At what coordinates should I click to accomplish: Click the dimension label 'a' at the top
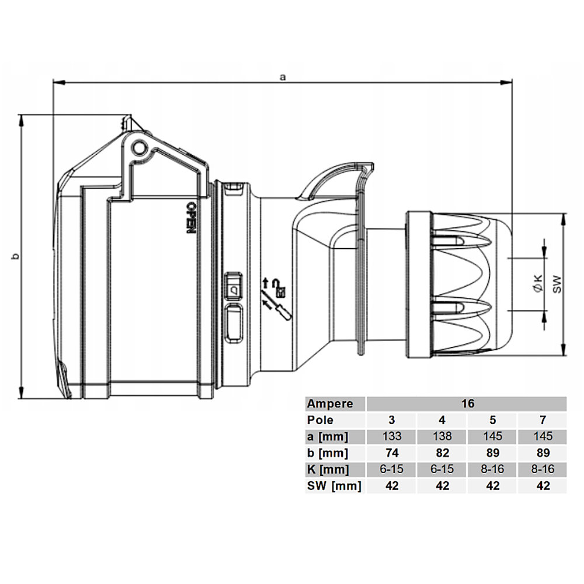[x=283, y=77]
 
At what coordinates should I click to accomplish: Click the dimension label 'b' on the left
[x=16, y=256]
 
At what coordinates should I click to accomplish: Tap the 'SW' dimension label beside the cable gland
[x=557, y=284]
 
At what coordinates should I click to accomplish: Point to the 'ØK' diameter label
[x=538, y=283]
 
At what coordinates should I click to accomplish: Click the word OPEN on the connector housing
[x=191, y=218]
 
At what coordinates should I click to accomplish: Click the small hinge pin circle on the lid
[x=140, y=148]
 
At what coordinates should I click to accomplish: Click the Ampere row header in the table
[x=329, y=404]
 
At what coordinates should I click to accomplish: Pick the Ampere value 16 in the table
[x=468, y=404]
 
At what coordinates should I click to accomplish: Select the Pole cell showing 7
[x=543, y=420]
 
